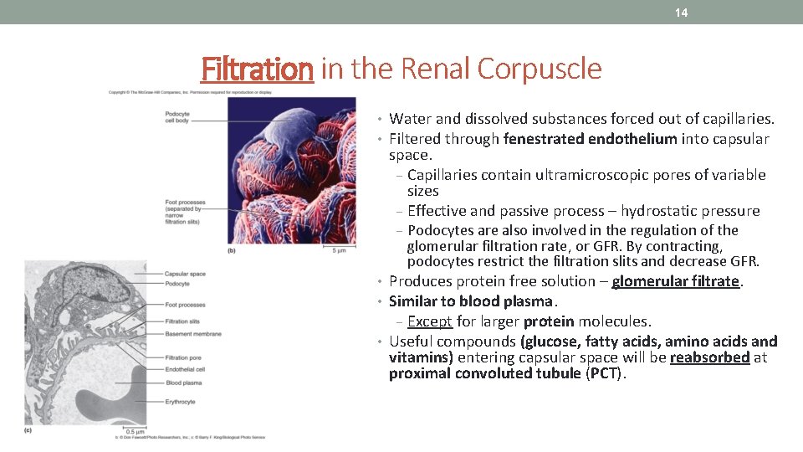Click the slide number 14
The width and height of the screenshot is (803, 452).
682,13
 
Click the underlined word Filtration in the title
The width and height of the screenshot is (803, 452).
257,69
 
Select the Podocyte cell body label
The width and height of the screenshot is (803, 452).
177,117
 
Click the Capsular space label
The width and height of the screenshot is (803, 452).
185,274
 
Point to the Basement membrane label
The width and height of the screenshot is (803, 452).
193,334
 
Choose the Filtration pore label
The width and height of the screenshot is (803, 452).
183,358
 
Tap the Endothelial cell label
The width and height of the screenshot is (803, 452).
185,369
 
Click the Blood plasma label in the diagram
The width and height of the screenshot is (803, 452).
183,383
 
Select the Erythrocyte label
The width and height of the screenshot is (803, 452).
181,402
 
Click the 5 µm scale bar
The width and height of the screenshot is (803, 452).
339,249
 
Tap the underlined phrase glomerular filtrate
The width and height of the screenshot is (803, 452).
676,281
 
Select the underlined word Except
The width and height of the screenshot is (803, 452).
430,321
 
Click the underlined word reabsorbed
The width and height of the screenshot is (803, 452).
709,357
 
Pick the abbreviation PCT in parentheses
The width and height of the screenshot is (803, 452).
604,373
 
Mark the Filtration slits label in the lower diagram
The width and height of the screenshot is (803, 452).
182,321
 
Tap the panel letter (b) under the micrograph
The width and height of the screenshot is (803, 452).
232,250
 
